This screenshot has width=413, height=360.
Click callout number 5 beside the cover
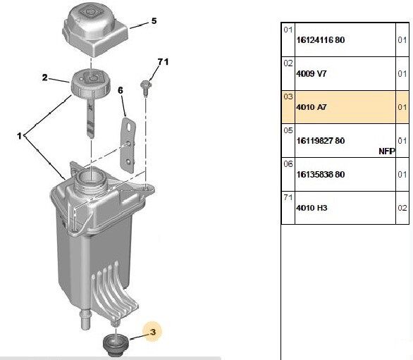click(x=155, y=22)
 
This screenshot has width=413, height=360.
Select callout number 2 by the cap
click(x=45, y=79)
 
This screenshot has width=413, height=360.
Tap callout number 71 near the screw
click(x=163, y=63)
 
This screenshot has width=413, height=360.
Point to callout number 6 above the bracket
click(x=121, y=90)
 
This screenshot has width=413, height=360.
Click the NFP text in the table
click(x=386, y=150)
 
